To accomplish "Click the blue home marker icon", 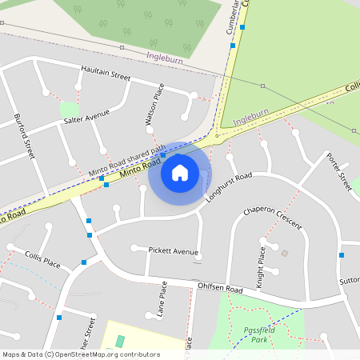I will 180,172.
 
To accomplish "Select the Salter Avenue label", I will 86,117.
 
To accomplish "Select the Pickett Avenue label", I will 173,251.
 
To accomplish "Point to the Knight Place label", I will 260,267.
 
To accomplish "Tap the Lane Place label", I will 162,300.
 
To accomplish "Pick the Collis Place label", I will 42,261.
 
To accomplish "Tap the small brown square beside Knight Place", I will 285,254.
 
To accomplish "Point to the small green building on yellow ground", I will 120,342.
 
